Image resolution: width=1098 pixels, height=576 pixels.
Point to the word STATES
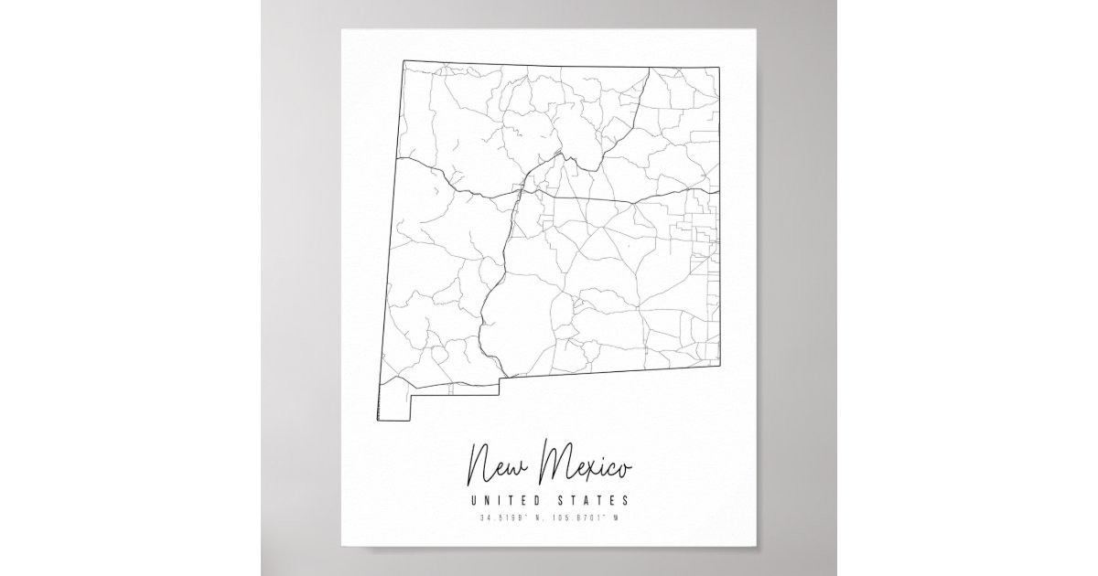tap(595, 500)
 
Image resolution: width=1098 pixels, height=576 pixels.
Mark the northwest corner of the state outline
tap(404, 60)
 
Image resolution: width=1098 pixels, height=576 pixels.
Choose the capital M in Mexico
tap(554, 464)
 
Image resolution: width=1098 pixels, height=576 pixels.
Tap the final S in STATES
tap(625, 500)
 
